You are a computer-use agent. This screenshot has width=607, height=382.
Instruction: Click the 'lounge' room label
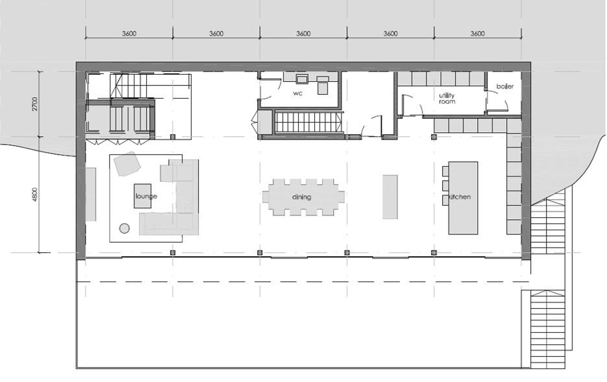[x=146, y=196]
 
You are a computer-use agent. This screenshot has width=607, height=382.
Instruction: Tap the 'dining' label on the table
[x=301, y=197]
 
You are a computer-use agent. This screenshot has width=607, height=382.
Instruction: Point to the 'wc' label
[x=298, y=93]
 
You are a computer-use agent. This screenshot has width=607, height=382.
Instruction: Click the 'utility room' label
[x=446, y=98]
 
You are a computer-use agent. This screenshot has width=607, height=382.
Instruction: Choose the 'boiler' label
[x=505, y=86]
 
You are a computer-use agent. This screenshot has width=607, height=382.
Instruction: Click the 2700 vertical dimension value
[x=35, y=104]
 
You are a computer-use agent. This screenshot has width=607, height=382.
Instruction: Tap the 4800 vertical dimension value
[x=35, y=195]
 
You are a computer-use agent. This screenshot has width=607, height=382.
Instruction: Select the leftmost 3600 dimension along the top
[x=129, y=34]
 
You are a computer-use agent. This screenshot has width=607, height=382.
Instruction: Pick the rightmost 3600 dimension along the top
[x=477, y=34]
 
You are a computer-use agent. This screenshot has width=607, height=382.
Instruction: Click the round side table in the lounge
[x=125, y=228]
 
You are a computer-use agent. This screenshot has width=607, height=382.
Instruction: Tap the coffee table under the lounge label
[x=143, y=196]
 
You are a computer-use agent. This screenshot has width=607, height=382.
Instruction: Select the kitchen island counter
[x=464, y=198]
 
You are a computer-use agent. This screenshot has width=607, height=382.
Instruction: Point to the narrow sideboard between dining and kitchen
[x=390, y=197]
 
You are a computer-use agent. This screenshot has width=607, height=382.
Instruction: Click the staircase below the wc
[x=309, y=121]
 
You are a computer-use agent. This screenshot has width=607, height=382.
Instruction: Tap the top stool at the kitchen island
[x=445, y=171]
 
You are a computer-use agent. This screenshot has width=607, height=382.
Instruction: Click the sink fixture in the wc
[x=302, y=79]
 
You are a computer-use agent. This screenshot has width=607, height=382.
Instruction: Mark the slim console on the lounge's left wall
[x=91, y=194]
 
